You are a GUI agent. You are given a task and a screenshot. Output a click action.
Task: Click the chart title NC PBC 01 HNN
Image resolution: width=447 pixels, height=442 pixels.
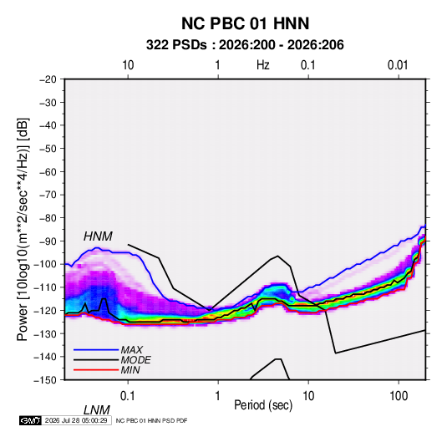click(245, 23)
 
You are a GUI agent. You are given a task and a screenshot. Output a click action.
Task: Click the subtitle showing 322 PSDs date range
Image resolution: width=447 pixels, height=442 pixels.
click(245, 45)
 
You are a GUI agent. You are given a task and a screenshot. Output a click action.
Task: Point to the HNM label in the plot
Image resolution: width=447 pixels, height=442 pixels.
click(98, 236)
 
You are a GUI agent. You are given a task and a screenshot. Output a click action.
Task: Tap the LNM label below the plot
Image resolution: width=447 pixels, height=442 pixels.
click(97, 410)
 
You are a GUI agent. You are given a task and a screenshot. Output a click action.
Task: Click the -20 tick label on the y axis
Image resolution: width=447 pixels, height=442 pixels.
click(48, 79)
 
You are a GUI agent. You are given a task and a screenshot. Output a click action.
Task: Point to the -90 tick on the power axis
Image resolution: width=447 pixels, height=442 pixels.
click(48, 241)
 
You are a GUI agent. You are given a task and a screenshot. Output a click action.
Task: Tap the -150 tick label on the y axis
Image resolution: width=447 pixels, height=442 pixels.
click(45, 380)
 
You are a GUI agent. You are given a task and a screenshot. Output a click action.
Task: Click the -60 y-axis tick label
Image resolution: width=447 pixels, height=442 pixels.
click(48, 171)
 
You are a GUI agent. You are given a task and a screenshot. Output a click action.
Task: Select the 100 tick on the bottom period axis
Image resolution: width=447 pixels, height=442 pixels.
click(399, 396)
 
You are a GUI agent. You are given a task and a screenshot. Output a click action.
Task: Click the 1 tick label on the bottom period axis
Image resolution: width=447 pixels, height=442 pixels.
click(218, 396)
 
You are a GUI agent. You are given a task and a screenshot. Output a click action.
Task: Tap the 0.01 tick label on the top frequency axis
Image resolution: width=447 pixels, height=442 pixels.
click(398, 65)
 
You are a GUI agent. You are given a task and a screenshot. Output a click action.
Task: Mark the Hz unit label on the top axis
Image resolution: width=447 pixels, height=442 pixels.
click(263, 65)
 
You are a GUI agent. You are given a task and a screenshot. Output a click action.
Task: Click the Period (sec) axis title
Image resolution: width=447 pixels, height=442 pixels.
click(263, 405)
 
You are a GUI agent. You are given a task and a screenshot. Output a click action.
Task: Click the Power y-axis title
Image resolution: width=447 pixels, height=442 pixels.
click(23, 229)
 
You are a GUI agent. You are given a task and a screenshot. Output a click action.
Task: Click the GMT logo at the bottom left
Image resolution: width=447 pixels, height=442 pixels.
click(30, 420)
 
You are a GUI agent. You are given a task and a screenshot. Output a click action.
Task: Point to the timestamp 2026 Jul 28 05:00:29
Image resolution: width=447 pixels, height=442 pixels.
click(76, 420)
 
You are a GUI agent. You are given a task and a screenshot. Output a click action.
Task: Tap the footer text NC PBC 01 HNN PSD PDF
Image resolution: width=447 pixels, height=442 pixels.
click(152, 420)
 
